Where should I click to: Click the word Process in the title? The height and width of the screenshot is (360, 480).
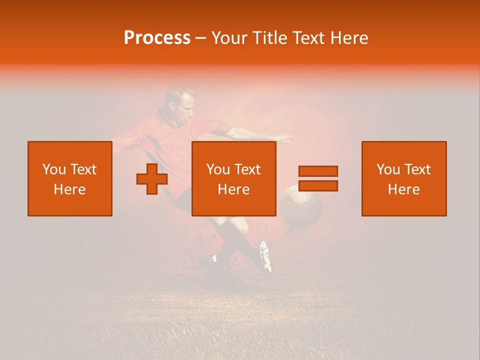157,38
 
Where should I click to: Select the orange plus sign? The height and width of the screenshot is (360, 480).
152,179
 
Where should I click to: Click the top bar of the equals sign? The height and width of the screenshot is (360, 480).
318,171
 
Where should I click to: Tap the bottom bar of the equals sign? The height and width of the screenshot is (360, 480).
318,186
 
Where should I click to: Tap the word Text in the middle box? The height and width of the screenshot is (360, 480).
247,169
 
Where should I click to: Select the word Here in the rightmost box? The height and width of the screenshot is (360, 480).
404,189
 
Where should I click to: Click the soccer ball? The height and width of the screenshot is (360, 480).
300,206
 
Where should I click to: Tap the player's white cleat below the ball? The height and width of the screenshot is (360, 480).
265,256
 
